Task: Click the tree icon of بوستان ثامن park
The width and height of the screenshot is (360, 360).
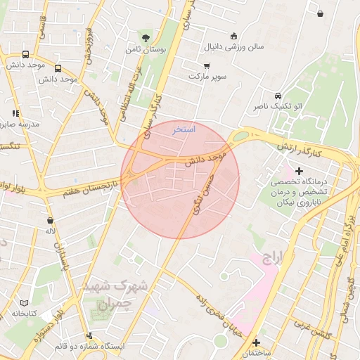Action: (146, 37)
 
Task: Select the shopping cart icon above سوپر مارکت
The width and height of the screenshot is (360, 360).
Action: (205, 64)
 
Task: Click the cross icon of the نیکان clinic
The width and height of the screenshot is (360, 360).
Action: (300, 171)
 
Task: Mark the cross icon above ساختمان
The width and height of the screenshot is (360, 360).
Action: (257, 342)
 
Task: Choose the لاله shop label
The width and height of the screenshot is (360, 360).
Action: (50, 231)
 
